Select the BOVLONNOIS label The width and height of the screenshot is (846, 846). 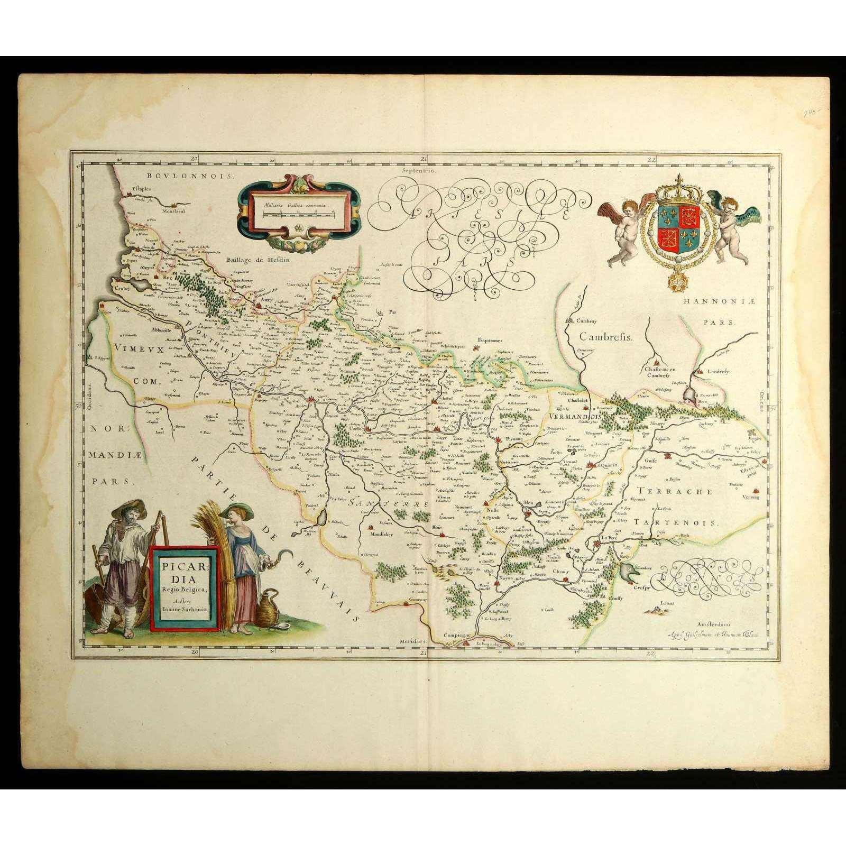click(190, 176)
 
